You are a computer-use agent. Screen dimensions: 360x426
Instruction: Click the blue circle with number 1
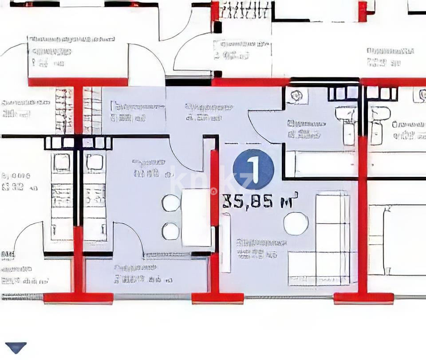coord(253,169)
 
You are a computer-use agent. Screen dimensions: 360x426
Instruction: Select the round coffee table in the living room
coord(296,223)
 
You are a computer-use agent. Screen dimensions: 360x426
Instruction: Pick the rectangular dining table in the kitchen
coord(196,217)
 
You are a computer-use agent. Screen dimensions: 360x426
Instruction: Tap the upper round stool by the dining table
coord(171,203)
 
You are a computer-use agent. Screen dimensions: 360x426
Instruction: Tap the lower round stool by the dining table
coord(171,231)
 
